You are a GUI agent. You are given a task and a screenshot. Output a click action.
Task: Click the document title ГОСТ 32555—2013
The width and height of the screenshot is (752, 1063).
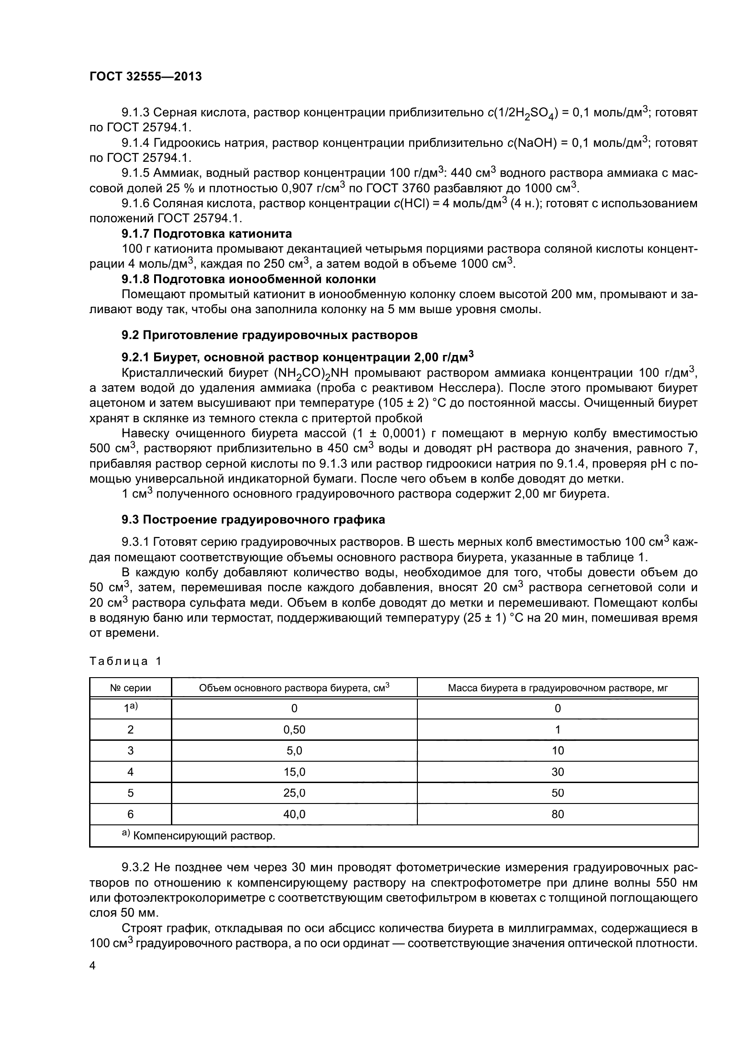tap(145, 76)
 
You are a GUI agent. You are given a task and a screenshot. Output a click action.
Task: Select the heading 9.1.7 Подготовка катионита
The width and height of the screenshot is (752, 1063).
tap(206, 233)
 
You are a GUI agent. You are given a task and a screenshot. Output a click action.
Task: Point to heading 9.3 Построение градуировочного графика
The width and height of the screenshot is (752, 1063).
tap(253, 520)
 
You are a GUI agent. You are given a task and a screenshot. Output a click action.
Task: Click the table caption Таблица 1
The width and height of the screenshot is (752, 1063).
tap(125, 661)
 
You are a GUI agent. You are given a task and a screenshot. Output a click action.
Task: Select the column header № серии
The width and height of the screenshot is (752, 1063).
tap(130, 688)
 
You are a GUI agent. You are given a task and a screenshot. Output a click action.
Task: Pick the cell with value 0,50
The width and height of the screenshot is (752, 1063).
tap(294, 730)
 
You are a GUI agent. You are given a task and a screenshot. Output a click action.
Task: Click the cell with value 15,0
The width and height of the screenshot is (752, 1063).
tap(294, 772)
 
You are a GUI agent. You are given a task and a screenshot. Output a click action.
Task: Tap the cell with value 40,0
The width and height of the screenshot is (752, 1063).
tap(294, 814)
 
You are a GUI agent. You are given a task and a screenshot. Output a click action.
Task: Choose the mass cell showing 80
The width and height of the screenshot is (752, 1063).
tap(557, 814)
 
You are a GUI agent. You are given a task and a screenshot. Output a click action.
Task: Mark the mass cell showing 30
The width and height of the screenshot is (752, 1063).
tap(557, 772)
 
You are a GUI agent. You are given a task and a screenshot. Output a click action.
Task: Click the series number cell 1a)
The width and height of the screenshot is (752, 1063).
tap(130, 709)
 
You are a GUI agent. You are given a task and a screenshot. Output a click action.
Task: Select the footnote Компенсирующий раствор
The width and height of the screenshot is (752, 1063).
tap(204, 836)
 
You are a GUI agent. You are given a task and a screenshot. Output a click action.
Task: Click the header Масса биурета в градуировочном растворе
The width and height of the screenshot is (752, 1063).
tap(557, 688)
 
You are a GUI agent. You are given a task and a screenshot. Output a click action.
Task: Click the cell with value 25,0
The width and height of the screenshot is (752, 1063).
tap(294, 793)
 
